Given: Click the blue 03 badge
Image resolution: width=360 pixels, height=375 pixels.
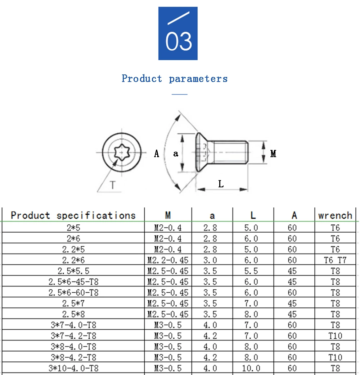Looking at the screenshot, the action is (x=178, y=33).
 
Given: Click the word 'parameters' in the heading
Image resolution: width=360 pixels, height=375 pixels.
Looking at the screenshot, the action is (x=198, y=79).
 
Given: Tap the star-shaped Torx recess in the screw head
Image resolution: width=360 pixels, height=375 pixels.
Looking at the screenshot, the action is (x=122, y=152).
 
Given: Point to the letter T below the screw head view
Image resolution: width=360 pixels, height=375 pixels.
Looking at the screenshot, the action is (x=113, y=185).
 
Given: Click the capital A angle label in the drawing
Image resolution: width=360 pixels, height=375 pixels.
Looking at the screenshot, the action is (x=156, y=154).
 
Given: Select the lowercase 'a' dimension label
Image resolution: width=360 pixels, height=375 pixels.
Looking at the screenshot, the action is (x=176, y=154).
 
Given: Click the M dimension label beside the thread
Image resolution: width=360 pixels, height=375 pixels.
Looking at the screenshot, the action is (x=273, y=154).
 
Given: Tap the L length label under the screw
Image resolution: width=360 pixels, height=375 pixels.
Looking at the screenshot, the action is (x=221, y=184).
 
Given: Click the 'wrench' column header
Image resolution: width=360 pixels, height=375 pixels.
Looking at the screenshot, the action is (x=335, y=215).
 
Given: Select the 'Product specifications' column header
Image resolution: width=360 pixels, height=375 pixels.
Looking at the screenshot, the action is (x=73, y=215).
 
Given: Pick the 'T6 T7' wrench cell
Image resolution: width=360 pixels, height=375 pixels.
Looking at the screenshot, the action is (x=335, y=260).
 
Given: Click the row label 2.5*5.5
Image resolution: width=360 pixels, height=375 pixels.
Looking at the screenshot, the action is (x=73, y=271).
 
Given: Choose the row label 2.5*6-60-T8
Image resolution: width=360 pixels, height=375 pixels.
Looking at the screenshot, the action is (x=73, y=293).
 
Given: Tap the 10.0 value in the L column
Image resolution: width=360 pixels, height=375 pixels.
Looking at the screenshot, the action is (x=251, y=368).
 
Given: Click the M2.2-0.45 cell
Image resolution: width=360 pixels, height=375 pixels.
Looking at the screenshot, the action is (x=168, y=260).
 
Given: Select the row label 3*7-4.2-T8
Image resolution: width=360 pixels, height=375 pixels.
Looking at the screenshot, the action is (x=73, y=336).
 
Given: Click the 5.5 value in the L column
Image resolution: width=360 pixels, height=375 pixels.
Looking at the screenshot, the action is (x=251, y=271).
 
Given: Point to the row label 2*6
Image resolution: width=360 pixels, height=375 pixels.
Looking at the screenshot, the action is (x=73, y=238).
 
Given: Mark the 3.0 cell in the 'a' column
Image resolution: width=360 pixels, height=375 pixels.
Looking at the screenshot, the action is (x=210, y=260).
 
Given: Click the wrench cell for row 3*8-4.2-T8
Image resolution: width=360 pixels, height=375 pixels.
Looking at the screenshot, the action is (x=335, y=357).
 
